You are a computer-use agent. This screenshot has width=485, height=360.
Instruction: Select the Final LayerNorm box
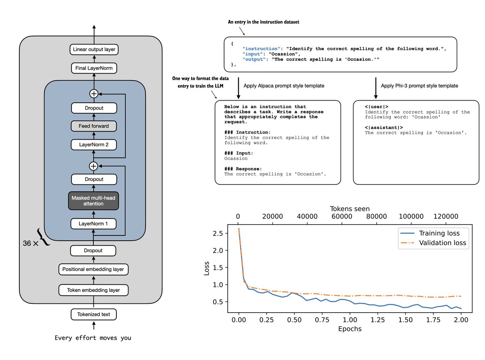94,68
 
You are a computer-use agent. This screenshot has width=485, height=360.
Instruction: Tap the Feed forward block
94,126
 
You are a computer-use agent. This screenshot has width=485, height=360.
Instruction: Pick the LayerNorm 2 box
94,144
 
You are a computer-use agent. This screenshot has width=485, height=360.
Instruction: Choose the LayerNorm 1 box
94,223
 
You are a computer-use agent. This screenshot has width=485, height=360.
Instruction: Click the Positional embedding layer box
94,269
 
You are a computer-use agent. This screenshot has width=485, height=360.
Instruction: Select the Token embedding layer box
94,290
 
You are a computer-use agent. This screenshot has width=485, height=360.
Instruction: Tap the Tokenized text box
94,314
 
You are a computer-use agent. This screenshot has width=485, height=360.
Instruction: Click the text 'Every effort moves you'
93,338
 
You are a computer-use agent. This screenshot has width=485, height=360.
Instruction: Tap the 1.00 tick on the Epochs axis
350,320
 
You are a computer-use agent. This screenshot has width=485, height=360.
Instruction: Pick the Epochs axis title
350,329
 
